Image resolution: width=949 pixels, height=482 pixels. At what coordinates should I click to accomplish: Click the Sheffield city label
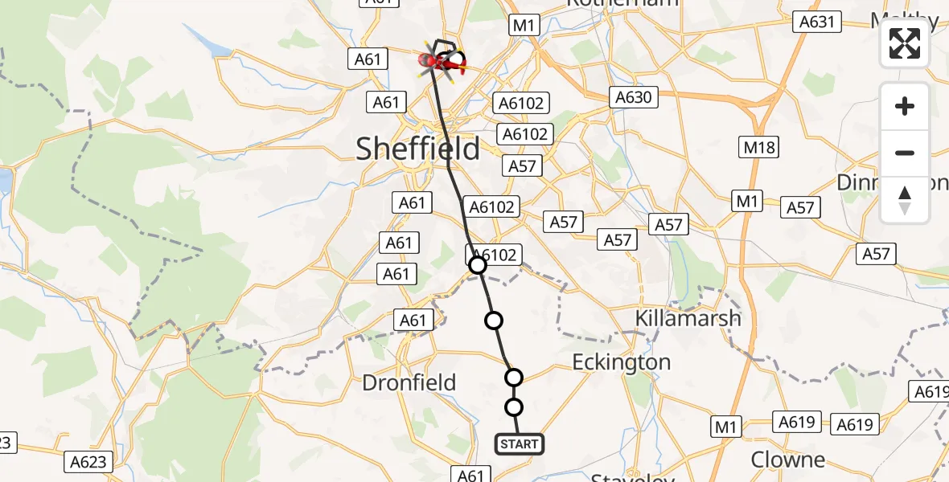pos(417,149)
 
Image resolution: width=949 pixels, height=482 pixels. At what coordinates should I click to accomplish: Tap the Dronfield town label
pos(409,383)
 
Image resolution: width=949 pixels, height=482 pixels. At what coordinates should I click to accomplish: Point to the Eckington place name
pos(621,362)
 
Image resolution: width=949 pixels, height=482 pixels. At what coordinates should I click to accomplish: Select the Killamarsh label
pos(688,318)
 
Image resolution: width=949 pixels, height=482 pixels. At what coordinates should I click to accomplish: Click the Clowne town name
pos(787,460)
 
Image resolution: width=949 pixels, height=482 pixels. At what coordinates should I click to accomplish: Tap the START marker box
pos(519,444)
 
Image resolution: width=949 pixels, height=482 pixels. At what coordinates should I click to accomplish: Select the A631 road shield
pos(815,22)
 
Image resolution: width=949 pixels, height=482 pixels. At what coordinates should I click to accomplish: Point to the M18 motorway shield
pos(758,147)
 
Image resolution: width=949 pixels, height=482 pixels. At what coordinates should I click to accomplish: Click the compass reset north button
pos(905,200)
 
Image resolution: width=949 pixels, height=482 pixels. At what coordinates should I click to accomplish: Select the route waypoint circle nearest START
pos(514,406)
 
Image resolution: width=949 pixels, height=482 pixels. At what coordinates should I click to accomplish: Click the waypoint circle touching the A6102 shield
pos(478,264)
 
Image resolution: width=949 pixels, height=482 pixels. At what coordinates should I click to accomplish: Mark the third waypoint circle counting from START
pos(494,321)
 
